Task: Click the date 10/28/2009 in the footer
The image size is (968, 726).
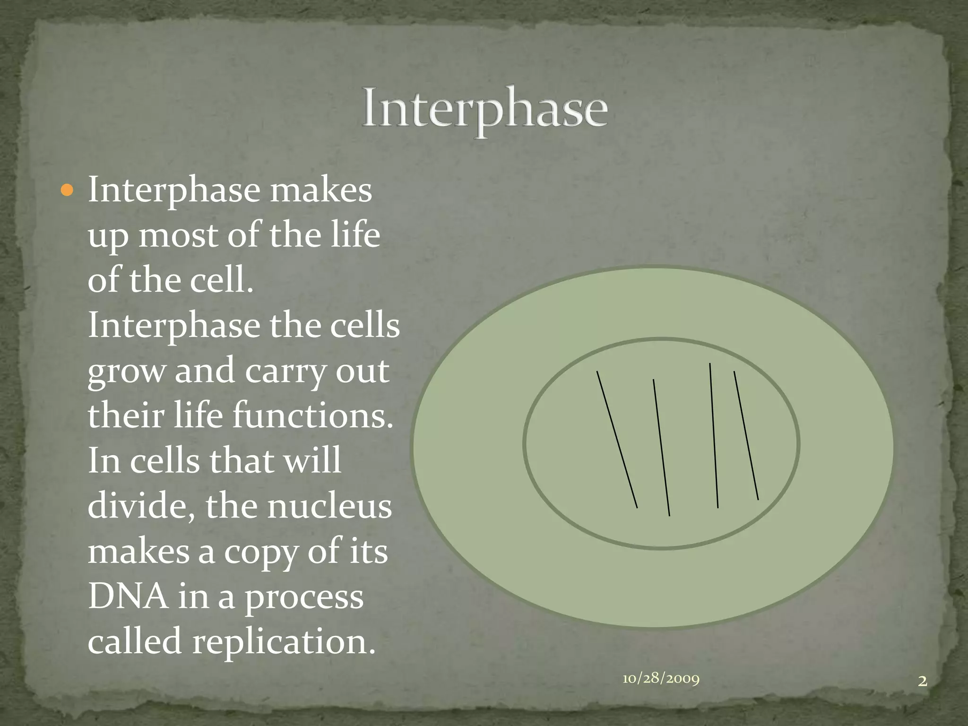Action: click(x=661, y=679)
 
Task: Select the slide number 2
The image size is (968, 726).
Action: click(x=922, y=681)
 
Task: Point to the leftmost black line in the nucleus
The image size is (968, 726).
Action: click(x=617, y=440)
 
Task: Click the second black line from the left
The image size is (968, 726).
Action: click(x=661, y=447)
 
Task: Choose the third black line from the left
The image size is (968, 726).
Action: click(x=714, y=435)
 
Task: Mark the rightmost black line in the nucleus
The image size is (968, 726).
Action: click(x=746, y=435)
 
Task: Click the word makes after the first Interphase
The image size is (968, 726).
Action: click(x=320, y=190)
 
